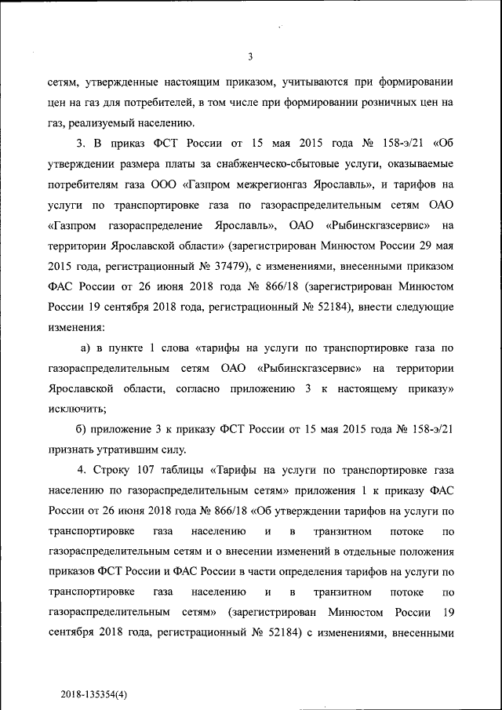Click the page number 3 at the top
(x=249, y=56)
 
